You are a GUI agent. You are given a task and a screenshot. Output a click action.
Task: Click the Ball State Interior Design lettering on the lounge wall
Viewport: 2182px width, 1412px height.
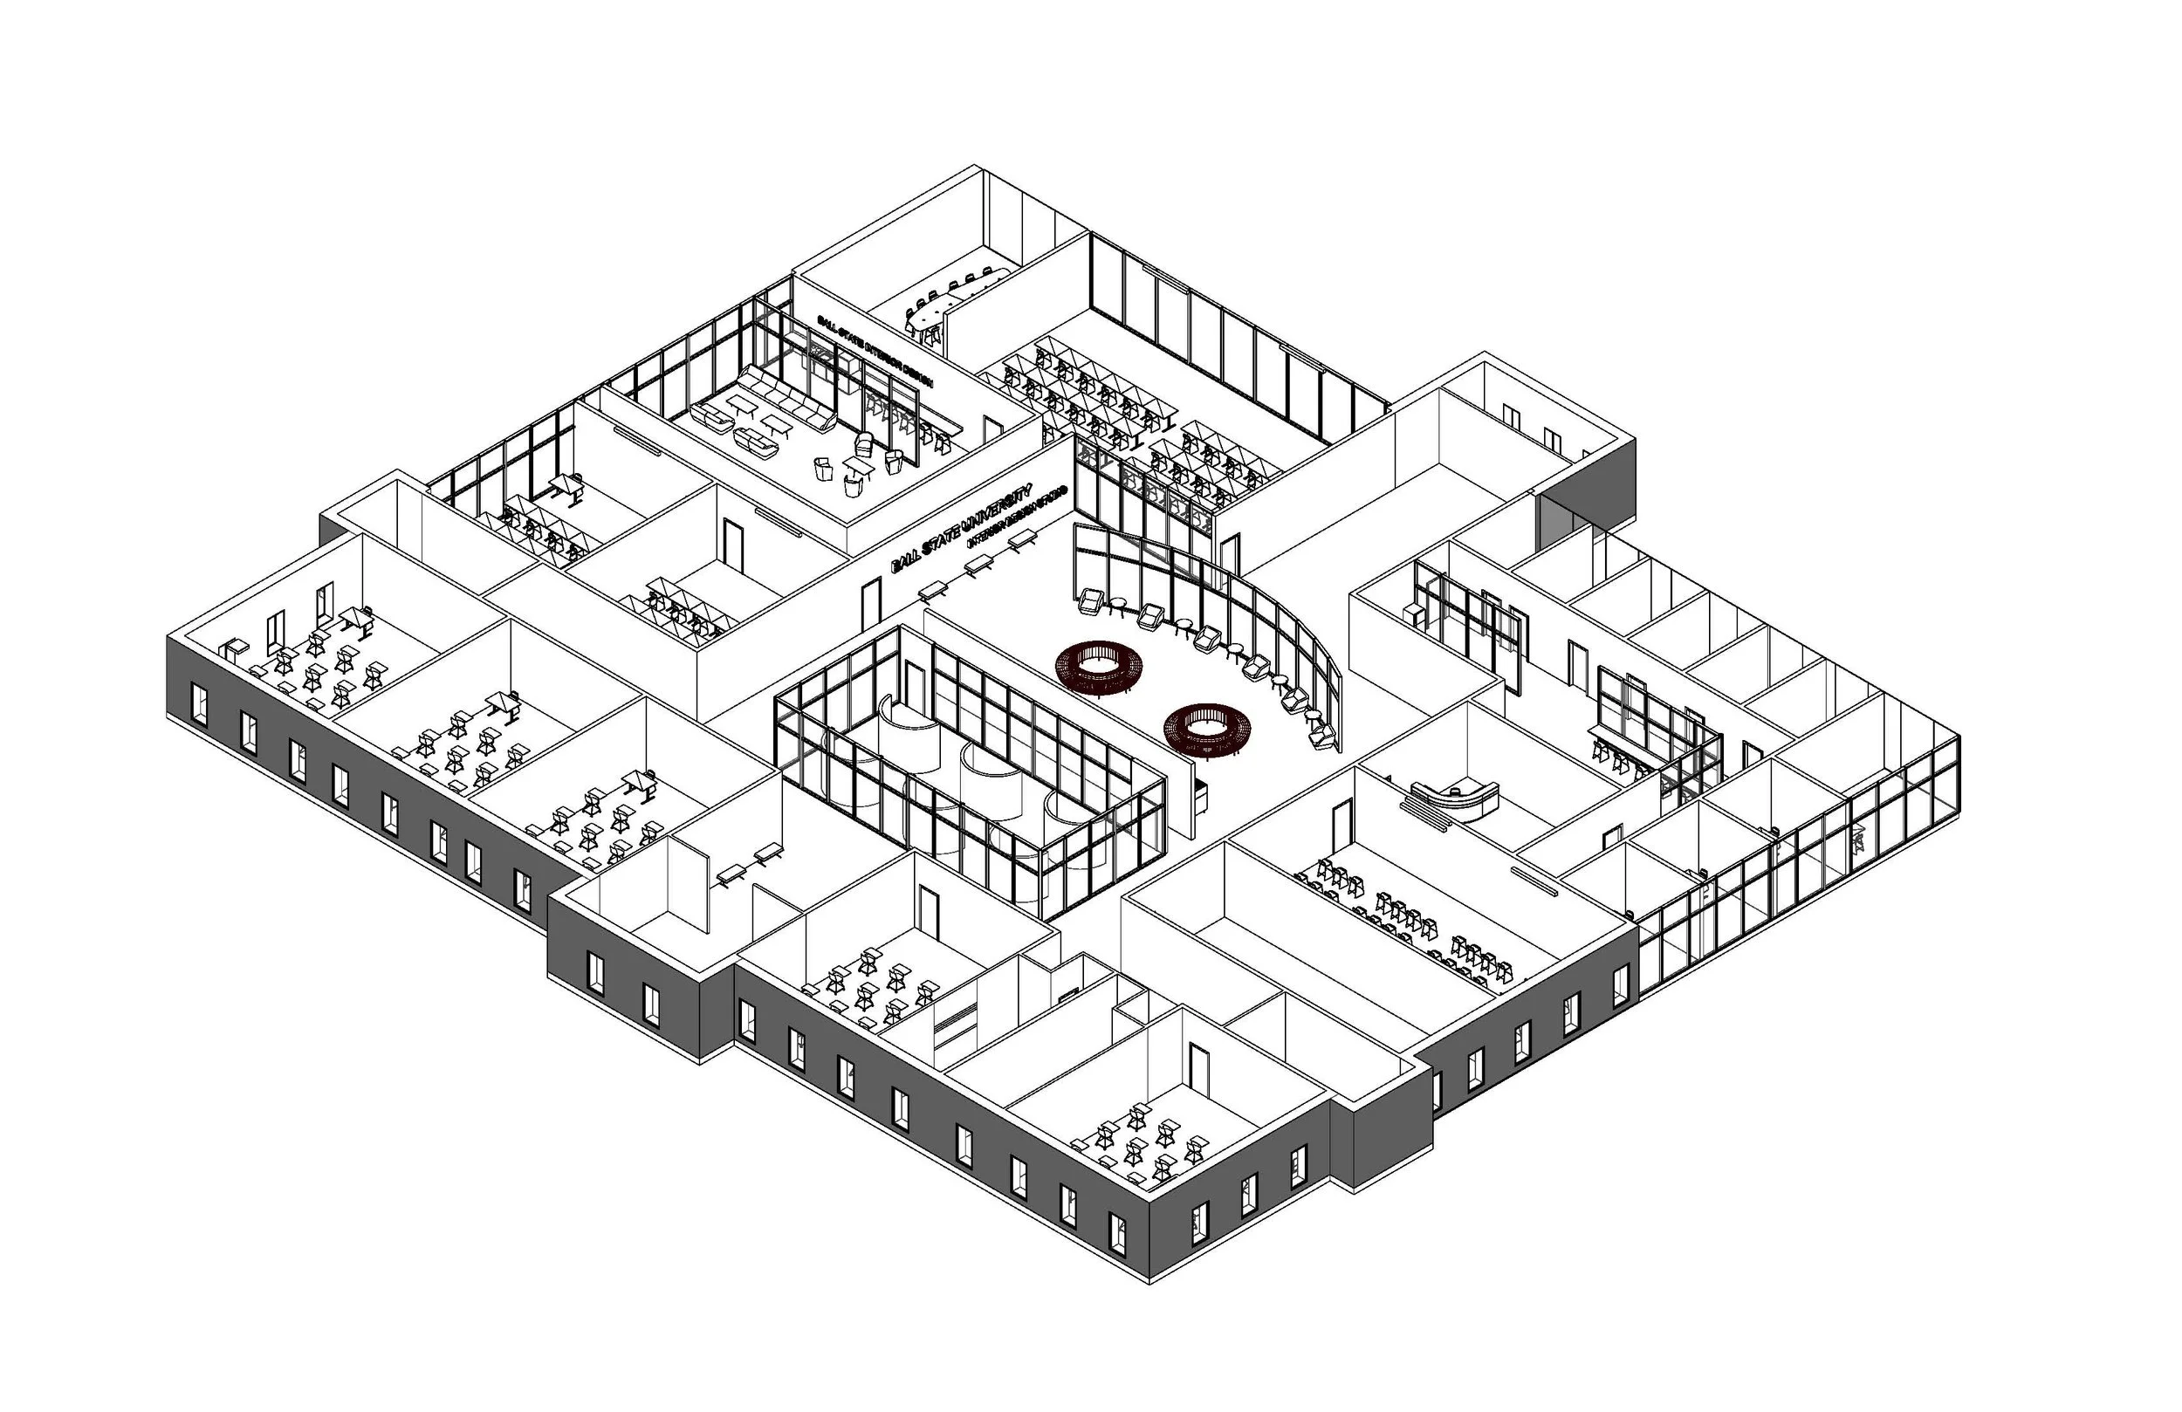(x=875, y=353)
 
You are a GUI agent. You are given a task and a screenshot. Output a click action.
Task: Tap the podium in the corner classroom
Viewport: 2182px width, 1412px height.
(x=234, y=649)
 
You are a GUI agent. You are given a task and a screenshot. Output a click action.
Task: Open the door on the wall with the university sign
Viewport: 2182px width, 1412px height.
(x=871, y=602)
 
